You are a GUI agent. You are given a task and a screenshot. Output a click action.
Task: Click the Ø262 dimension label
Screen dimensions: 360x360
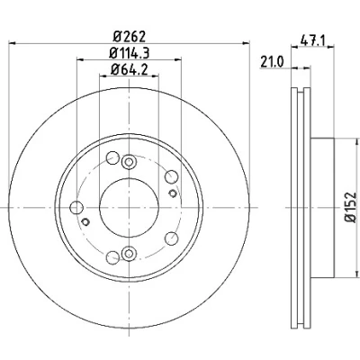[x=130, y=37]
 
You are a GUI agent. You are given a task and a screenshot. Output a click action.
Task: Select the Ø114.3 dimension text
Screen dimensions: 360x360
[x=130, y=53]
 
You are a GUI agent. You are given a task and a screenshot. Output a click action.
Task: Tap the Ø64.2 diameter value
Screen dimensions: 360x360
[x=130, y=70]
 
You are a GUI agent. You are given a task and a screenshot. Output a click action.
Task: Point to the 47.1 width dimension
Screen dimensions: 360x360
[x=312, y=40]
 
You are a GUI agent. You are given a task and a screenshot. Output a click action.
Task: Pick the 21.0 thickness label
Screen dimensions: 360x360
[x=272, y=62]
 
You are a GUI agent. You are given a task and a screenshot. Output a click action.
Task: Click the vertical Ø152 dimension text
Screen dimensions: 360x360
[x=351, y=207]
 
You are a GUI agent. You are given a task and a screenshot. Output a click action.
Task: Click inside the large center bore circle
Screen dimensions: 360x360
[x=129, y=208]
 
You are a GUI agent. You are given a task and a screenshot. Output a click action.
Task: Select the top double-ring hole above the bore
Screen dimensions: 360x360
[x=129, y=162]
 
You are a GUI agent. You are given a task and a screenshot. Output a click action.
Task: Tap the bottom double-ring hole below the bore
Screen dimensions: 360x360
[x=129, y=253]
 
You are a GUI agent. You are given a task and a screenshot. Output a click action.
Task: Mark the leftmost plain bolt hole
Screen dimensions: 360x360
[x=76, y=208]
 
